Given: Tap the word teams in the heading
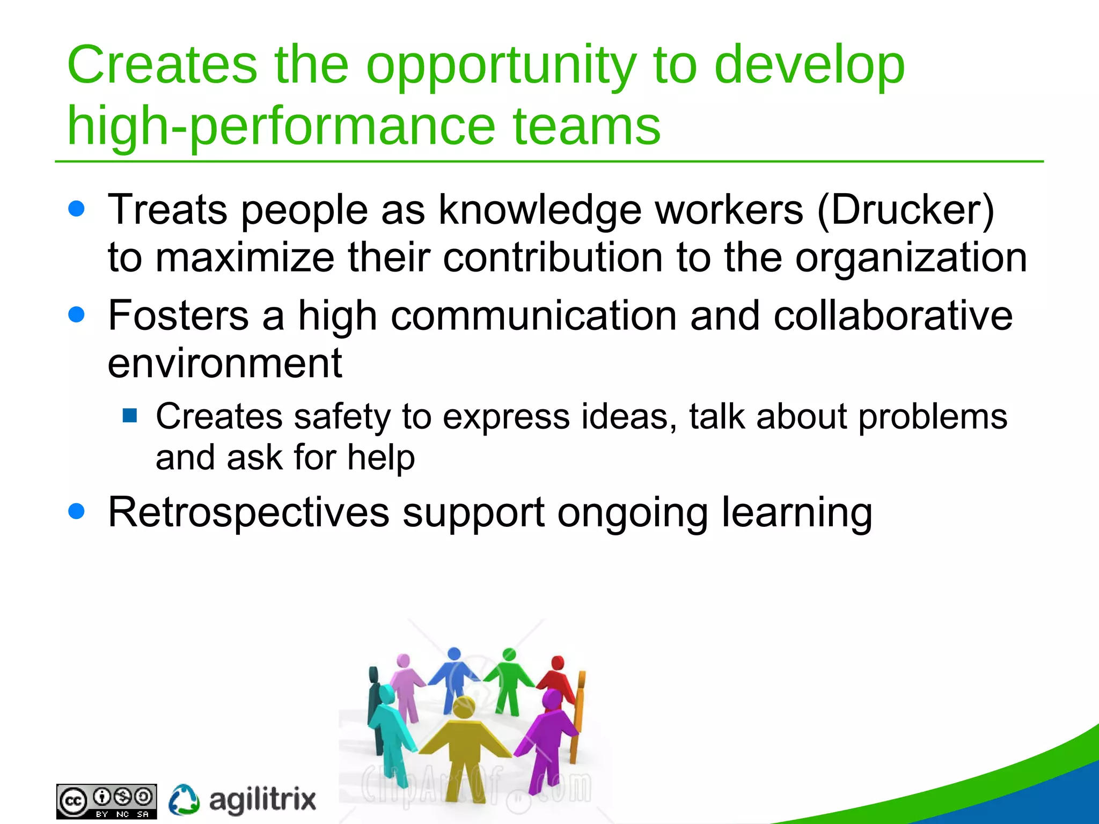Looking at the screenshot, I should pyautogui.click(x=586, y=127).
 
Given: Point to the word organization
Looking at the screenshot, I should pyautogui.click(x=911, y=257).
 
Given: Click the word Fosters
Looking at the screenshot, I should pyautogui.click(x=178, y=315).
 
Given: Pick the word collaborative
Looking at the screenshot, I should pyautogui.click(x=893, y=315).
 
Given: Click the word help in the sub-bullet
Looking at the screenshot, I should pyautogui.click(x=381, y=458).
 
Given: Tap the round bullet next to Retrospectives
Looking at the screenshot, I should pyautogui.click(x=77, y=511).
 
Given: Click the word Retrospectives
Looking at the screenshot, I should pyautogui.click(x=248, y=512).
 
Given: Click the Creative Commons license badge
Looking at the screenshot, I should pyautogui.click(x=106, y=801).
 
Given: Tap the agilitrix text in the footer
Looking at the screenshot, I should pyautogui.click(x=262, y=800).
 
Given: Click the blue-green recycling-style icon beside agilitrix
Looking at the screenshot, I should pyautogui.click(x=184, y=800).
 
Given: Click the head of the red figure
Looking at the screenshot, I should pyautogui.click(x=558, y=663).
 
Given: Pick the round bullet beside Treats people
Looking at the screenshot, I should pyautogui.click(x=77, y=209).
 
